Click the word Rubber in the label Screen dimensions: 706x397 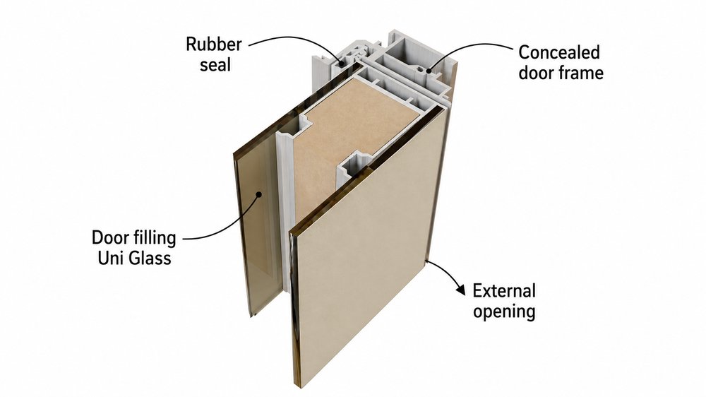214,45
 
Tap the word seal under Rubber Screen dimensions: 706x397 215,65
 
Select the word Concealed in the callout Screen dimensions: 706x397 559,52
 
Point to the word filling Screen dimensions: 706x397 152,238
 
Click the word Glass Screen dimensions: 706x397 148,259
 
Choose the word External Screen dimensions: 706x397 504,290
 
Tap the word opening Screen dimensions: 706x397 504,312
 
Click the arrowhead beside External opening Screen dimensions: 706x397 460,290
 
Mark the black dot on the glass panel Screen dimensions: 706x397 258,195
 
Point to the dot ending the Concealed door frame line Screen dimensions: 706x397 428,70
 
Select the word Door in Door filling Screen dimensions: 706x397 109,238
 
